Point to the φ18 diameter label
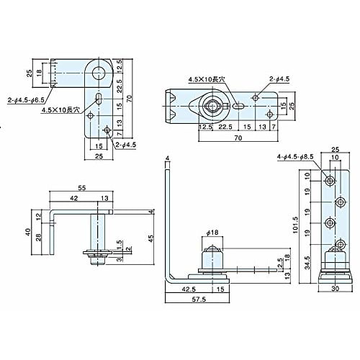click(x=212, y=232)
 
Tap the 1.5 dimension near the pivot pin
click(x=118, y=242)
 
